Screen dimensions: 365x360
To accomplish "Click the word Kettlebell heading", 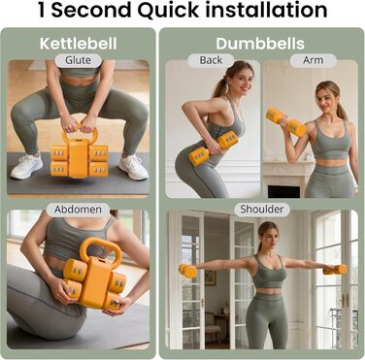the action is coord(78,44).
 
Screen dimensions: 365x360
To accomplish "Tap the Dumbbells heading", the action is coord(260,44).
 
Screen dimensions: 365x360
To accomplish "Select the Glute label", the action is coord(78,60).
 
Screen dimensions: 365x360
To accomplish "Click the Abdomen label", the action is coord(78,210).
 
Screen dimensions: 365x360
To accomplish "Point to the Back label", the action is coord(211,60).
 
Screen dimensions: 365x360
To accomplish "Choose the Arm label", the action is coord(314,60).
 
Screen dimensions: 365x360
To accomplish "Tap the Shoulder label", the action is coord(262,210).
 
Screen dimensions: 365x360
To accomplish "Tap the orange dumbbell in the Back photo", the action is coord(213,148).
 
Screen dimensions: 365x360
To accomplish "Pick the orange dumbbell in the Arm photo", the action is coord(285,122).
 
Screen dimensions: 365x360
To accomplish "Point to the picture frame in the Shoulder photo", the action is coord(211,278).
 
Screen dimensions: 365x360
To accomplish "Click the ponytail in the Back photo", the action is coord(220,85).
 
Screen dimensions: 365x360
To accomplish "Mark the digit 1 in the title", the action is coord(42,10).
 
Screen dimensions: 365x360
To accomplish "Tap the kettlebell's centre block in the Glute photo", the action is coord(79,158).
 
